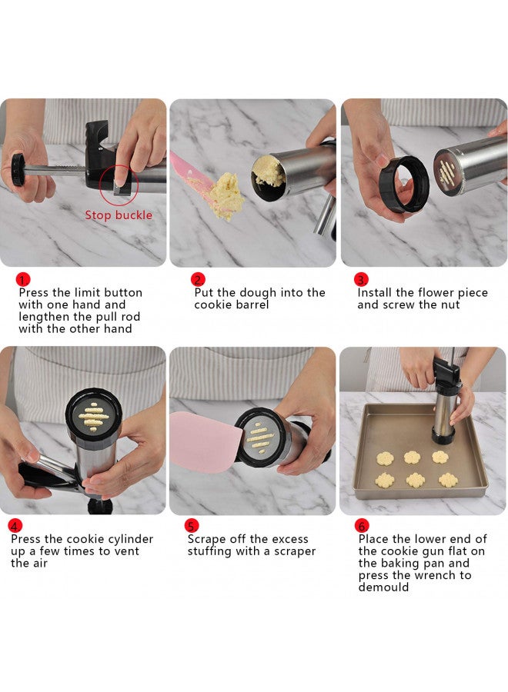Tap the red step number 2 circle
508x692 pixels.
click(x=198, y=280)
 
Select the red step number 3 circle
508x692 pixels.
click(x=360, y=280)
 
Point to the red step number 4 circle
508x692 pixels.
click(x=15, y=527)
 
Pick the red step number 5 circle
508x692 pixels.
click(x=192, y=527)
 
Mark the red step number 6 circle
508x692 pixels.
click(x=362, y=527)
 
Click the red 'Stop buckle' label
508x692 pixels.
click(x=118, y=215)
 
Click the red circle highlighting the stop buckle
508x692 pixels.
click(x=119, y=183)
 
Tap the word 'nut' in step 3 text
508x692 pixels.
click(x=450, y=304)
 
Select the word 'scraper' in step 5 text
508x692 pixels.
click(x=293, y=551)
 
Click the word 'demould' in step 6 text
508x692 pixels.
click(x=383, y=587)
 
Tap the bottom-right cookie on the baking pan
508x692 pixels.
click(x=448, y=480)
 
